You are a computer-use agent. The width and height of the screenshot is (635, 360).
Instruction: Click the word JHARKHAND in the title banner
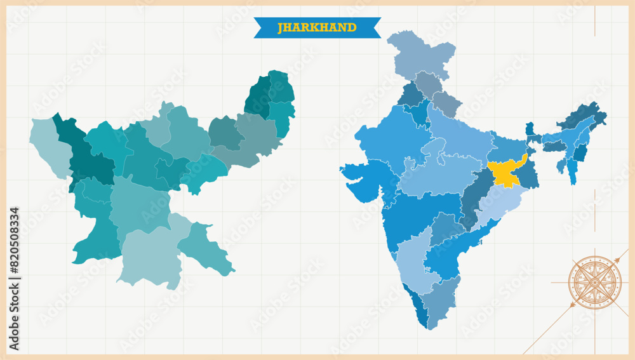click(x=317, y=27)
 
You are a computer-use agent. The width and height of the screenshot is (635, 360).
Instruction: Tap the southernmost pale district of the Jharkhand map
click(x=150, y=257)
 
